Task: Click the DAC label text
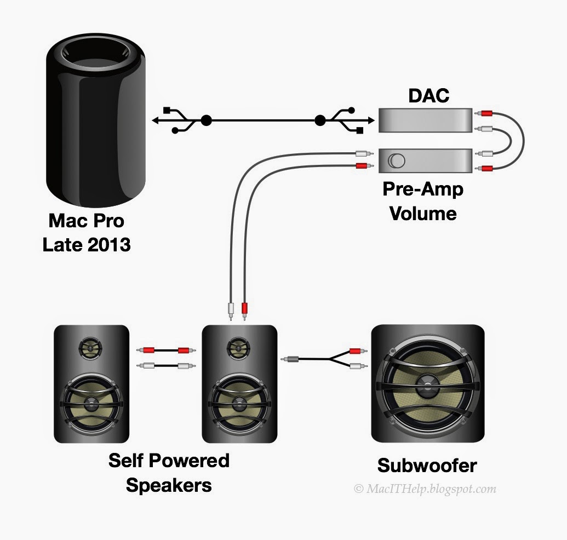click(428, 96)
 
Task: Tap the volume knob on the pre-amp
click(397, 161)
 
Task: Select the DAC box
click(425, 120)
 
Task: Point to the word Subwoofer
click(427, 466)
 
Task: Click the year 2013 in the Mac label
click(109, 245)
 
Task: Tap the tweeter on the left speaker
click(90, 348)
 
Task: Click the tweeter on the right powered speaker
click(238, 348)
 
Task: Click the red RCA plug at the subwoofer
click(358, 351)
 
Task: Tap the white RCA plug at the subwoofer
click(358, 366)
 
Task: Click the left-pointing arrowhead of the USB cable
click(155, 120)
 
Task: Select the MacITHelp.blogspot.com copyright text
click(425, 489)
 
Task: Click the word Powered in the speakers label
click(189, 461)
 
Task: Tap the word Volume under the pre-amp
click(423, 214)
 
